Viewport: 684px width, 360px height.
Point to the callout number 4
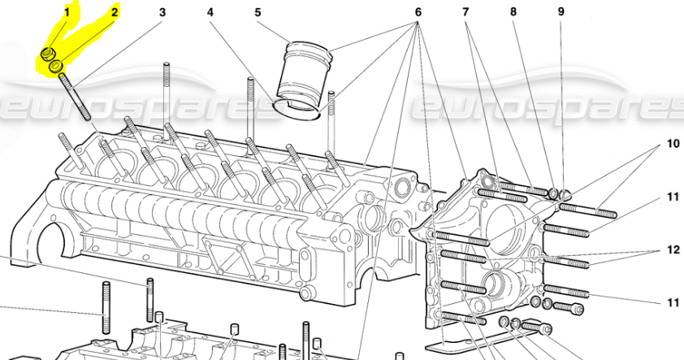tap(210, 12)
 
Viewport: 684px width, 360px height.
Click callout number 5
tap(258, 12)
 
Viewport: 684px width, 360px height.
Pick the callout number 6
tap(418, 12)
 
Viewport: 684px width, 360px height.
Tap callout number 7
tap(466, 12)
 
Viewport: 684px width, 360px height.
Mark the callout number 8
tap(513, 12)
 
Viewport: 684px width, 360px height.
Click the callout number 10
tap(673, 145)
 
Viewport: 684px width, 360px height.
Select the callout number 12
tap(673, 249)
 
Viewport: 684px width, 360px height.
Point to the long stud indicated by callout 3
tap(75, 97)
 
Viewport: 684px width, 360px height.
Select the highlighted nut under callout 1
tap(48, 54)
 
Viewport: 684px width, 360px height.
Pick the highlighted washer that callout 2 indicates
tap(58, 65)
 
